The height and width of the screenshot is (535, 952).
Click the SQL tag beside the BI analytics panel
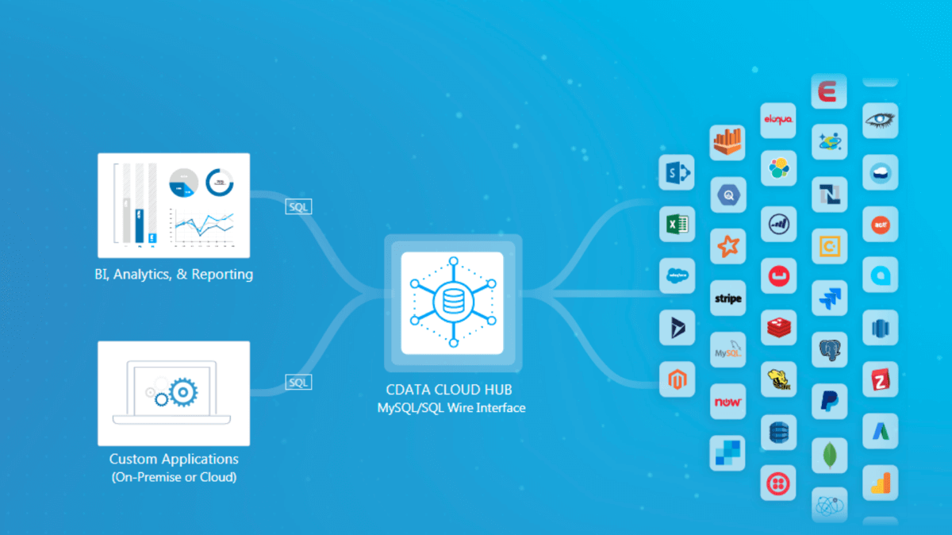pos(298,206)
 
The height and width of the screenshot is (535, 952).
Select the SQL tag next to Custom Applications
pos(298,383)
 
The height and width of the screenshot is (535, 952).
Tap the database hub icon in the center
pos(452,302)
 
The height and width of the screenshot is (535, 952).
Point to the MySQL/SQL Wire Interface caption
pos(451,408)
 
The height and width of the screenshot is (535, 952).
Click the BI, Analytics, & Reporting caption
pos(173,275)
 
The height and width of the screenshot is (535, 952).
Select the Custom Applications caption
pos(174,459)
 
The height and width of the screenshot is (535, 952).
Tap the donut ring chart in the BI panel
pos(220,183)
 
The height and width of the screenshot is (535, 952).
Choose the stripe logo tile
pos(727,299)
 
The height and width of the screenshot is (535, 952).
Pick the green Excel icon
pos(677,225)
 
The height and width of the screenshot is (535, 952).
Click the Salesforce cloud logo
pos(677,275)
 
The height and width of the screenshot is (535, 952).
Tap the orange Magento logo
pos(677,379)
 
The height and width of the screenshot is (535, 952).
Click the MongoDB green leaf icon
pos(829,455)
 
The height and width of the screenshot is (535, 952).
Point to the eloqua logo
pos(777,120)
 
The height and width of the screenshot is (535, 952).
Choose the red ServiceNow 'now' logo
pos(727,402)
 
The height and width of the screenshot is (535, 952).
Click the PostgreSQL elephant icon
pos(829,349)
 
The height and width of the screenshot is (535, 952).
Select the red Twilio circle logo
pos(777,483)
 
